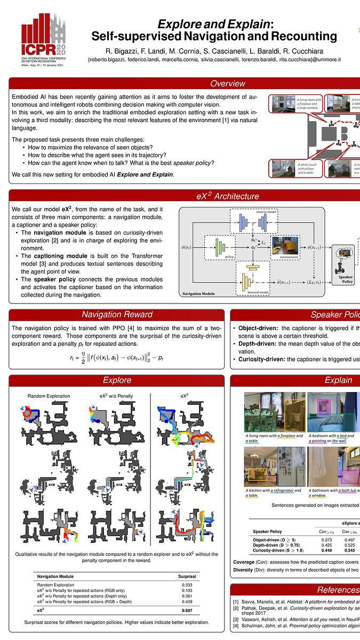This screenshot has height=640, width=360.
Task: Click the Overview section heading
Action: [x=227, y=83]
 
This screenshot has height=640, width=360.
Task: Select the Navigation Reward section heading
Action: [x=117, y=314]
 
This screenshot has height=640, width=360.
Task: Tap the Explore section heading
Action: [x=117, y=380]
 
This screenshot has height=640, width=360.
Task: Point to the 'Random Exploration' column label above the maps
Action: [x=49, y=396]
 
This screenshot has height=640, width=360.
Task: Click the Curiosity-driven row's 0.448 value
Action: [x=327, y=551]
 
